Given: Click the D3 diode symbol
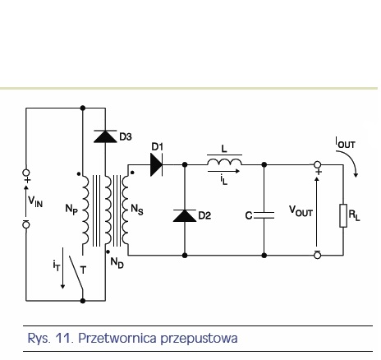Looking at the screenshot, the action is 105,136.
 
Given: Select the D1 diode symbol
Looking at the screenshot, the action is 157,164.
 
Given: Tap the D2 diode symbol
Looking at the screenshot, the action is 185,215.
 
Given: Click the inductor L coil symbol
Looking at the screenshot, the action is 224,162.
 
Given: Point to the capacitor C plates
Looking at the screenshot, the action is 264,215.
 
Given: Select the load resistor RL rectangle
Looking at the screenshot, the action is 343,215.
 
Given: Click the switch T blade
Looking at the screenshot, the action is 76,273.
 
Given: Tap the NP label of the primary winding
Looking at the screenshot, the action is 71,210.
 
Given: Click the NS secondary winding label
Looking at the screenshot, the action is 137,210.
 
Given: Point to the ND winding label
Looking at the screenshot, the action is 117,263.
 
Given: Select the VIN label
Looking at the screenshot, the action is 35,202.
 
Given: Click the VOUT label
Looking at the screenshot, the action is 301,211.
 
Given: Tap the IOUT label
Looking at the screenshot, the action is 346,143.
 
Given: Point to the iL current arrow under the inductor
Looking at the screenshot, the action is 223,171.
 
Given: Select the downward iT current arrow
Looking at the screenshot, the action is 62,268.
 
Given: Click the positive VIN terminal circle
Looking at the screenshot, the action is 26,173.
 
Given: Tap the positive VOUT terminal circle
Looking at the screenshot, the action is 317,164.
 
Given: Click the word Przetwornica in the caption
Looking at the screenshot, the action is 117,339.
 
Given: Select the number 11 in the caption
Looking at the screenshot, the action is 62,338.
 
